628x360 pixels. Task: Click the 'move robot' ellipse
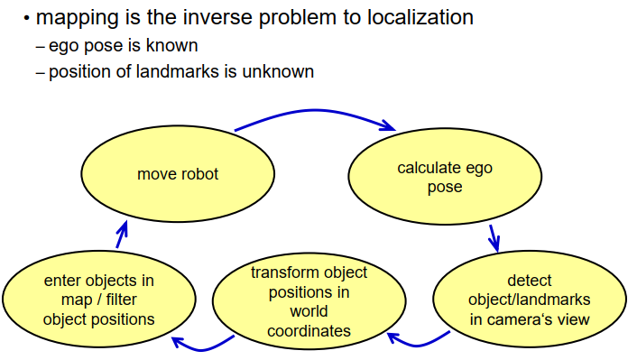click(x=178, y=174)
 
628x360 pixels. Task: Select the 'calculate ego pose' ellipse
click(x=445, y=176)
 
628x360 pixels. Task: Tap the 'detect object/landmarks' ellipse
click(x=530, y=300)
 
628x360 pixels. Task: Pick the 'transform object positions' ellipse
click(x=309, y=301)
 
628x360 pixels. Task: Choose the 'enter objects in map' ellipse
click(x=99, y=300)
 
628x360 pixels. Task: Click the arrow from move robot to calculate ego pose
click(x=315, y=110)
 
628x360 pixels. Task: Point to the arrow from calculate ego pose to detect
click(x=494, y=239)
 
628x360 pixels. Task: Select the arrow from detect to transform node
click(x=418, y=345)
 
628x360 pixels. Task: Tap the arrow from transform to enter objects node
click(x=202, y=350)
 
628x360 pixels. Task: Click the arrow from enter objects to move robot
click(x=122, y=235)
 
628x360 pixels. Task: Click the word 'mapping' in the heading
click(x=78, y=18)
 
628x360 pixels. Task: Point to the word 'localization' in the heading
click(x=420, y=17)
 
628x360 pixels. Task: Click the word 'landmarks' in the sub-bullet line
click(x=178, y=71)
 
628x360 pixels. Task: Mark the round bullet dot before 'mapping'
click(x=27, y=18)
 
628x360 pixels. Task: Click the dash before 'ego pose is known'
click(x=40, y=47)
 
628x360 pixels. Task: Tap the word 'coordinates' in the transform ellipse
click(x=309, y=331)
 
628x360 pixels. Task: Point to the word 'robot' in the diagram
click(x=199, y=174)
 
